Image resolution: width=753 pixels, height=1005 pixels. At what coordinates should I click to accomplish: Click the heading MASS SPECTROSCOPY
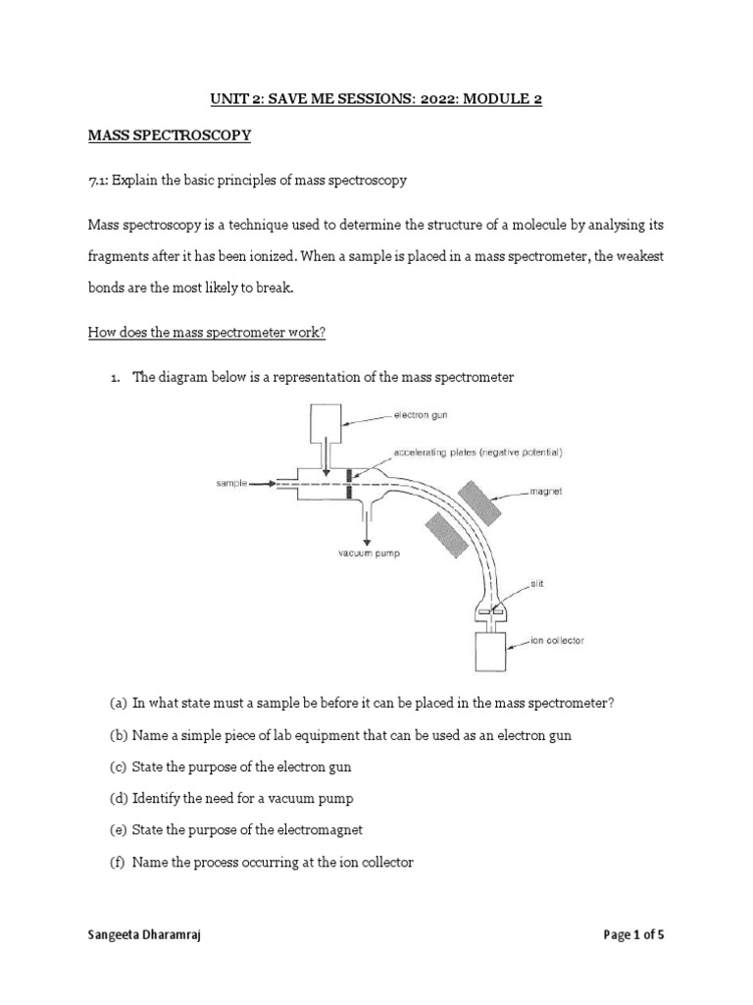(170, 136)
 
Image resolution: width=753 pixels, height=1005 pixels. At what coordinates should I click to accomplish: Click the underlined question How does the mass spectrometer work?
(207, 332)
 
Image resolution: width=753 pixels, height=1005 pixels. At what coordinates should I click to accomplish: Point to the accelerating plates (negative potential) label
(477, 452)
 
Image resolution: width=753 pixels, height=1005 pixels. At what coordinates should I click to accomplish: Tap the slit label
(537, 583)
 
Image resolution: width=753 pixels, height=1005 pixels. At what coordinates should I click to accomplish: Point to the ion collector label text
(557, 641)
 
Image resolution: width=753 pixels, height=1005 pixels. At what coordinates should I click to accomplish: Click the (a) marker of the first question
(118, 703)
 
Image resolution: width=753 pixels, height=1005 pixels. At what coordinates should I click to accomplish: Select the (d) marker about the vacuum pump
(118, 798)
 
